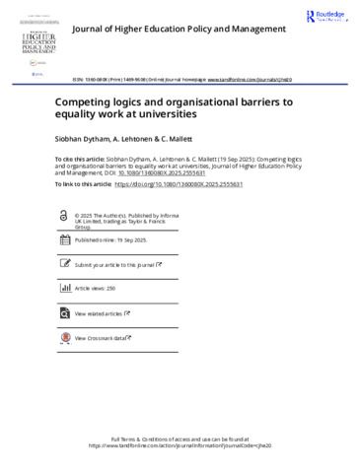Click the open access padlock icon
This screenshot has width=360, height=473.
click(65, 214)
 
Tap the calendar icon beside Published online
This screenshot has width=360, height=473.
click(65, 239)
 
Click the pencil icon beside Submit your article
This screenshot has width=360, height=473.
click(65, 265)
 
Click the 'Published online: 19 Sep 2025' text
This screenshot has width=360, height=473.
click(110, 239)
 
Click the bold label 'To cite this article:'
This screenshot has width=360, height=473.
click(80, 156)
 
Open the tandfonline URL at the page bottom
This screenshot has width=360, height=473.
click(180, 445)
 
